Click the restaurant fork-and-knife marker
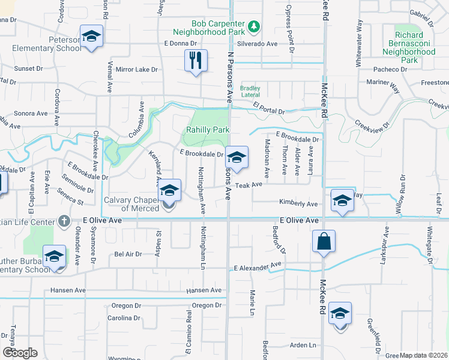(x=196, y=61)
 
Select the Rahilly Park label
(x=207, y=130)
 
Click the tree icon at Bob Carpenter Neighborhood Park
(x=254, y=26)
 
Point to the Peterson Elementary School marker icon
(x=91, y=37)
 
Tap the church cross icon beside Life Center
(x=63, y=221)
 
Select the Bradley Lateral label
(x=250, y=91)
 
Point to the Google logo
(x=20, y=353)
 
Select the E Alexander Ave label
(x=258, y=265)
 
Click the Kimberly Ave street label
(x=298, y=204)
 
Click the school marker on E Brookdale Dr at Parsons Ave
(x=237, y=158)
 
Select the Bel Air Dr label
(x=127, y=254)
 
